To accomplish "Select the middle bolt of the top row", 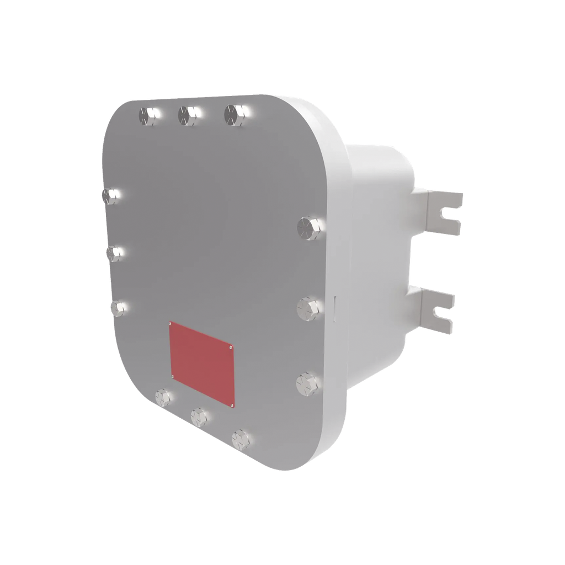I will click(187, 114).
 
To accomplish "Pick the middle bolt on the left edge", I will click(115, 253).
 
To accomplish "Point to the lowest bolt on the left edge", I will click(118, 307).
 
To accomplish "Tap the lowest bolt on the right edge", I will click(306, 383).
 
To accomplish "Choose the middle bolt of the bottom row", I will click(198, 415).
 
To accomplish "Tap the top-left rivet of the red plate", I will click(170, 324).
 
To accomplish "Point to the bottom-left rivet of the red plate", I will click(173, 377).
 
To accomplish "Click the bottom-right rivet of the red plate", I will click(232, 406).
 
